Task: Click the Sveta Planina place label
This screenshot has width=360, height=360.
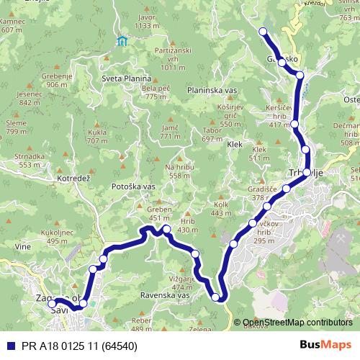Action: coord(126,78)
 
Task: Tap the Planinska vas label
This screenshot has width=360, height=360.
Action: coord(212,90)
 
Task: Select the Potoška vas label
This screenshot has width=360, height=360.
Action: coord(134,186)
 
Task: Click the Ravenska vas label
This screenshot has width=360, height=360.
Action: coord(165,296)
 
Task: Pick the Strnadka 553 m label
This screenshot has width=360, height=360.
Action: coord(30,160)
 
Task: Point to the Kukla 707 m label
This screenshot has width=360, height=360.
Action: coord(96,137)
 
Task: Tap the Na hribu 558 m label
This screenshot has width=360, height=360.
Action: coord(180,171)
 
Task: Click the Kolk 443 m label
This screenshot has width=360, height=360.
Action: coord(221,208)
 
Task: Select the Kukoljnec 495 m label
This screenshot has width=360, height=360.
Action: coord(38,237)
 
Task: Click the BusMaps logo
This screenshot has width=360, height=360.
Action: coord(325,346)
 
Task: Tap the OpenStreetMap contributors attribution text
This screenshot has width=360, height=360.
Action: coord(297,323)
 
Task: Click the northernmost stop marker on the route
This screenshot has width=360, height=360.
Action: coord(263,31)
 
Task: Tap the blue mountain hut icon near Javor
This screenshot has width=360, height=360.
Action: coord(122,40)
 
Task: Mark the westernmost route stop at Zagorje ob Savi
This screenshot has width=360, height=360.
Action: coord(52,304)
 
